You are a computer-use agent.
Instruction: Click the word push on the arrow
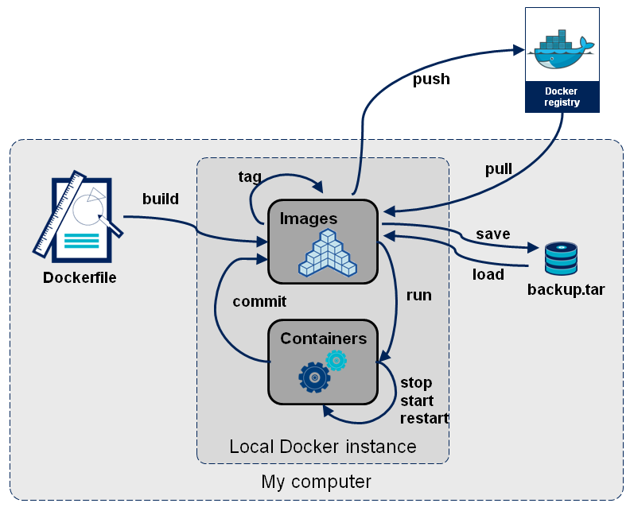point(431,79)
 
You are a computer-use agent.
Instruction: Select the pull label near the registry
point(499,169)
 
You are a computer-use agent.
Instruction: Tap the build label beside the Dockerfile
point(161,199)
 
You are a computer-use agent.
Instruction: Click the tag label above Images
point(250,176)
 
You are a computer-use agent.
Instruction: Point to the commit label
point(259,302)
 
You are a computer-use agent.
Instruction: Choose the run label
point(418,296)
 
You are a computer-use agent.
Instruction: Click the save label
point(492,234)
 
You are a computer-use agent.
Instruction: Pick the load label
point(488,274)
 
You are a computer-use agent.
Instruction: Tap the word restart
point(424,419)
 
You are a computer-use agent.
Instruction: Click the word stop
point(416,382)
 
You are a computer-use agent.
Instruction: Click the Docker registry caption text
point(562,97)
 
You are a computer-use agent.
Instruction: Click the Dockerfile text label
point(80,278)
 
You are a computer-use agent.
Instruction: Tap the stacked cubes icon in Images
point(327,253)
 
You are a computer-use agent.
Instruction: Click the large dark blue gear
point(314,377)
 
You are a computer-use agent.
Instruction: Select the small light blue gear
point(336,361)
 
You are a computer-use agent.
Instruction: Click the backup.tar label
point(566,289)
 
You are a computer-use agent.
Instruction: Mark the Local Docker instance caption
point(322,447)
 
